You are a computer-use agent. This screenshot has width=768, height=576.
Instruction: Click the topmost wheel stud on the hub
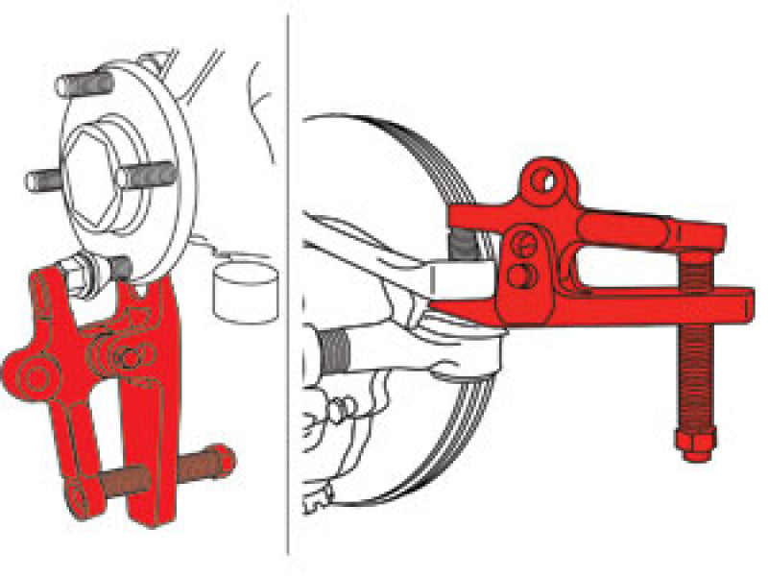coord(83,83)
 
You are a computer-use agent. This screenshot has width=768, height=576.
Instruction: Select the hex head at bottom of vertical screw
coord(694,444)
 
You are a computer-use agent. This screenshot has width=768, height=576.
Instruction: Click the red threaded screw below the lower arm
coord(693,374)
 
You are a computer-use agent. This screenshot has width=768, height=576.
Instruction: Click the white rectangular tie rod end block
coord(461,280)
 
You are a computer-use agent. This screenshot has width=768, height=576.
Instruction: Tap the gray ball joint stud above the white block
coord(465,248)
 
